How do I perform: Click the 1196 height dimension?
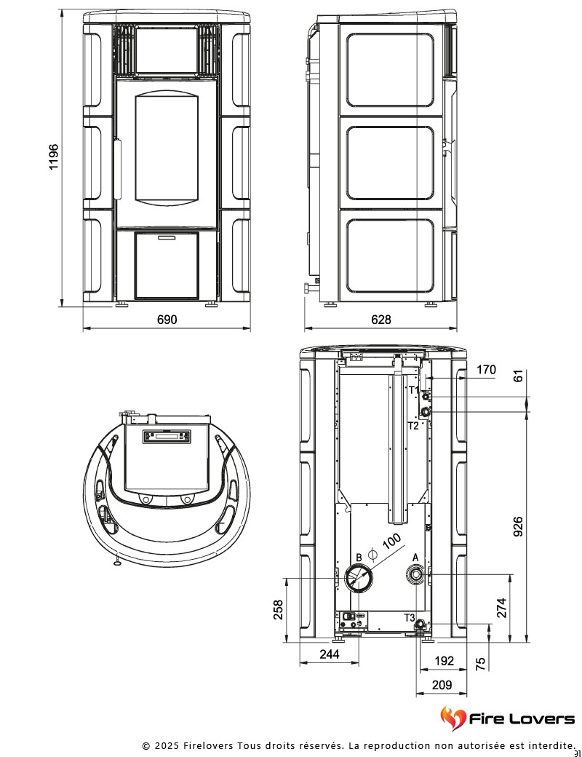[54, 157]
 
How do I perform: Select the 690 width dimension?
[167, 320]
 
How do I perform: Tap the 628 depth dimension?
[380, 320]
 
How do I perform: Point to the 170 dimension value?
[486, 370]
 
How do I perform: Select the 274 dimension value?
[502, 607]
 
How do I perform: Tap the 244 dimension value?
[330, 654]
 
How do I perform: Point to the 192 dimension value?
[444, 661]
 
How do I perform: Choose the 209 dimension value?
[442, 684]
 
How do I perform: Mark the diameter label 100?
[391, 542]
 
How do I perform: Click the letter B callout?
[359, 558]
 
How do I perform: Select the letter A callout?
[415, 557]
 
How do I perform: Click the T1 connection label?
[413, 390]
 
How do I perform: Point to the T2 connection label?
[413, 424]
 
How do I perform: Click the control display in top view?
[168, 437]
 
